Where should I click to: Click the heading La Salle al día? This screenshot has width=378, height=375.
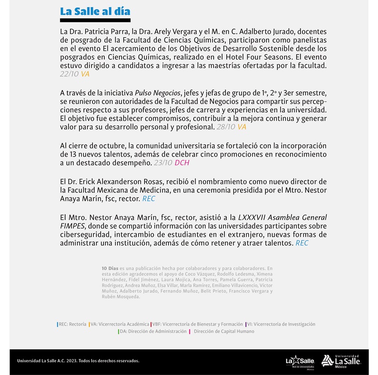click(95, 11)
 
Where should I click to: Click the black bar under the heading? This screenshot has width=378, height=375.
click(95, 20)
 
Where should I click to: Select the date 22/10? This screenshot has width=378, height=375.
click(69, 74)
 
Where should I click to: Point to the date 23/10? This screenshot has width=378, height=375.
click(163, 163)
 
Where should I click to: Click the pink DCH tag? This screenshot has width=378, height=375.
click(182, 163)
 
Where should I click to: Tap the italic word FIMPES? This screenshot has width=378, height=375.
click(72, 226)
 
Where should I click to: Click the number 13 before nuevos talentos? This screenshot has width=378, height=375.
click(64, 154)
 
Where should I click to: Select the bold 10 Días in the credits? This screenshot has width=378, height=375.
click(110, 269)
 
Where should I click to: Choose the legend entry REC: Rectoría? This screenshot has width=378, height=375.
click(72, 324)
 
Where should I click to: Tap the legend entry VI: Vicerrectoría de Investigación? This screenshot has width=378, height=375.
click(281, 324)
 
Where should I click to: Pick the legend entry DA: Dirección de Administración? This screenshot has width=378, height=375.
click(153, 331)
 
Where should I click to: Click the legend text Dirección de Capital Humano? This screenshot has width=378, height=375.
click(224, 331)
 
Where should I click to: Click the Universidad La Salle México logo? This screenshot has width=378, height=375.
click(341, 361)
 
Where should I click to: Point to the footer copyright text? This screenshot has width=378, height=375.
click(78, 361)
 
